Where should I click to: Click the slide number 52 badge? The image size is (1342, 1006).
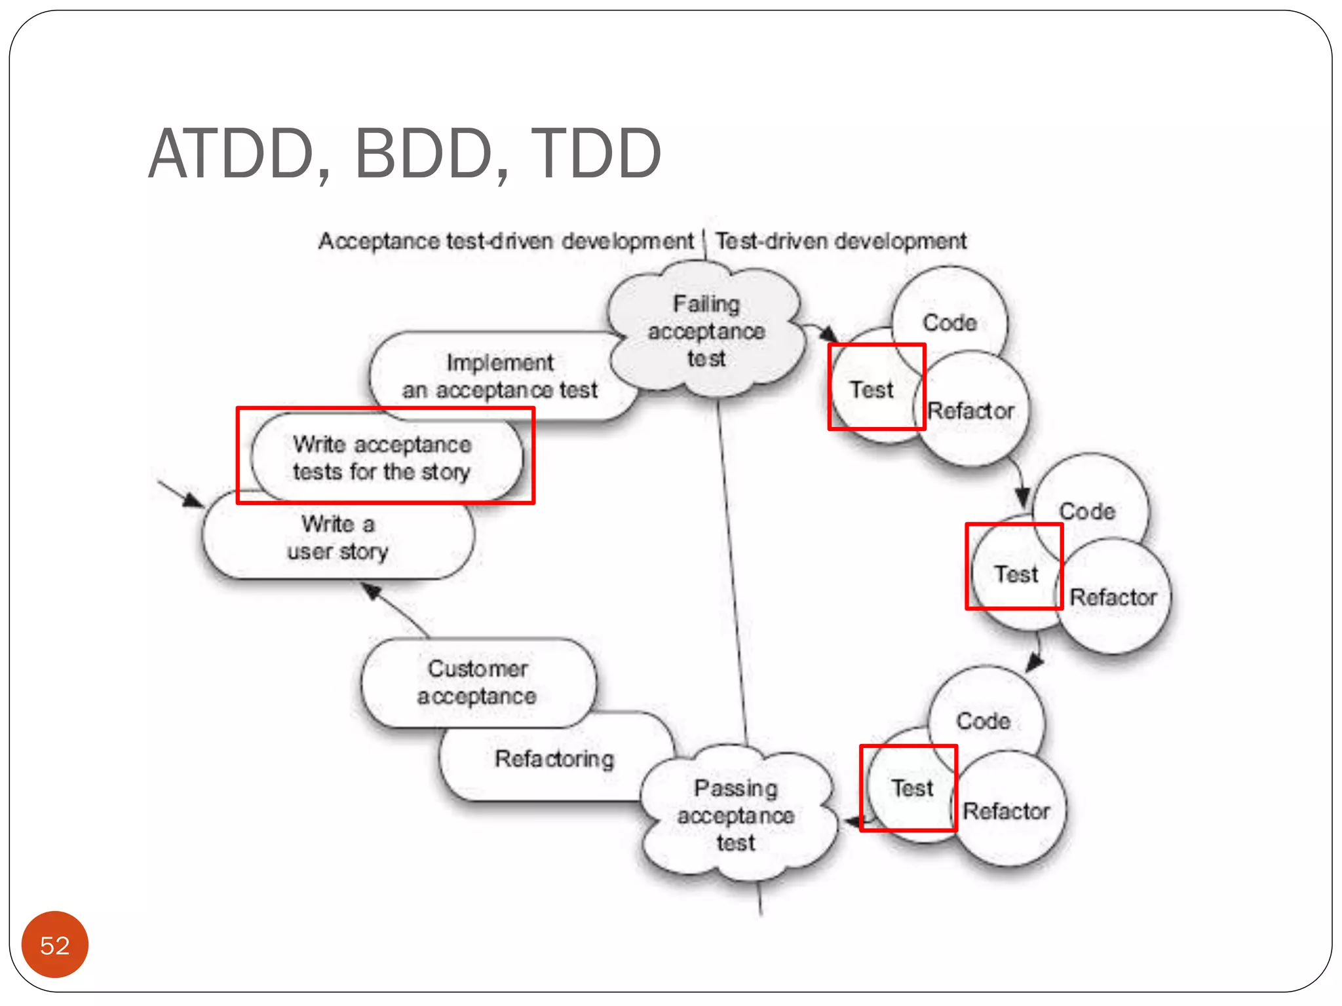pos(54,944)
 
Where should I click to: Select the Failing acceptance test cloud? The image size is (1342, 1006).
pos(706,331)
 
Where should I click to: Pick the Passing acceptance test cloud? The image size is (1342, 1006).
pos(736,815)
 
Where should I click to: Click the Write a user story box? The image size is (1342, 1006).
pos(337,538)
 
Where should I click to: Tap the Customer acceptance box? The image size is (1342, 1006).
pos(477,682)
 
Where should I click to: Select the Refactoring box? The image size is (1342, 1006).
pos(554,758)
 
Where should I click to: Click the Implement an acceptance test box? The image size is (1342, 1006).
pos(499,376)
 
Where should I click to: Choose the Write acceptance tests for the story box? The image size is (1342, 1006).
pos(382,457)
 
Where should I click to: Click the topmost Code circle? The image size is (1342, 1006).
pos(949,322)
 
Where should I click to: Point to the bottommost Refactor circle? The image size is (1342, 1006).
pos(1007,811)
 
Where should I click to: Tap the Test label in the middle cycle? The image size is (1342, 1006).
pos(1016,574)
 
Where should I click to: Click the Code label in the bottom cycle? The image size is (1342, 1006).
pos(983,720)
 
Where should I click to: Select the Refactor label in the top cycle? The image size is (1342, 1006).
pos(971,411)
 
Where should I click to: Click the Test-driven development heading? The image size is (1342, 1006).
pos(841,241)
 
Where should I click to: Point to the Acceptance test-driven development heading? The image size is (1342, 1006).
pos(505,241)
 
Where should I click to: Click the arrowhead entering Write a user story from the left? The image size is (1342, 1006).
pos(194,501)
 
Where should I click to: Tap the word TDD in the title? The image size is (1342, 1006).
pos(596,155)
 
